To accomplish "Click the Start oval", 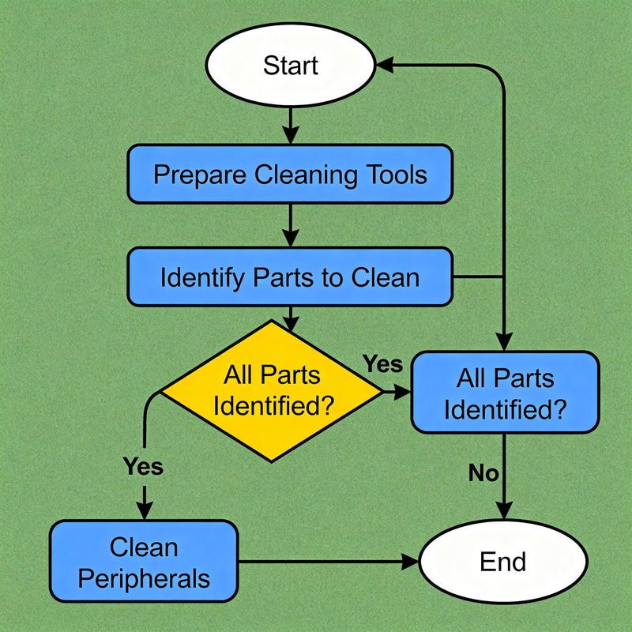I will (290, 66).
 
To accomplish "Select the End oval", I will (502, 562).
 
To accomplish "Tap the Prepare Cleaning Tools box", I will (290, 174).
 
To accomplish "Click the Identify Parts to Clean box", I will (290, 277).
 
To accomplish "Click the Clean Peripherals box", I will (144, 562).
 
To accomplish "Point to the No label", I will (483, 473).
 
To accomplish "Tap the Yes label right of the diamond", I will (382, 364).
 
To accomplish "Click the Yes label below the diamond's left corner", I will (143, 466).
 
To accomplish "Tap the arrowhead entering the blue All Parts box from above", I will (503, 341).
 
